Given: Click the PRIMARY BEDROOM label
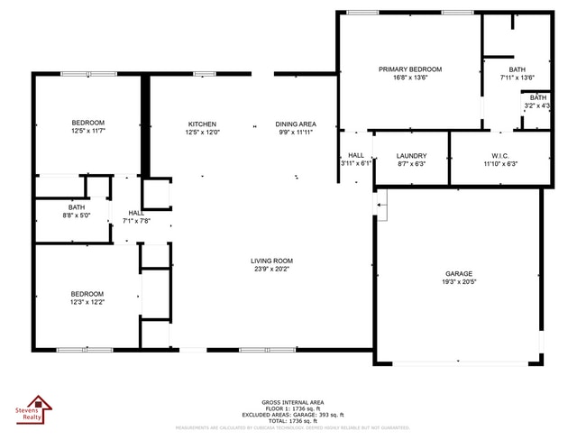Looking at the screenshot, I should pyautogui.click(x=410, y=69).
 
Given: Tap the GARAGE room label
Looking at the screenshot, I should pyautogui.click(x=458, y=273).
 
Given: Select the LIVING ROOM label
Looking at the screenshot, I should pyautogui.click(x=271, y=261).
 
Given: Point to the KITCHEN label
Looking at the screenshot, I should pyautogui.click(x=202, y=124).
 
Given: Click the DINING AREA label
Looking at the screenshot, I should pyautogui.click(x=295, y=124).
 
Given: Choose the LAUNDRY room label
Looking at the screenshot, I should pyautogui.click(x=411, y=155).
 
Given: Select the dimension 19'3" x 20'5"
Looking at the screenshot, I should pyautogui.click(x=458, y=281).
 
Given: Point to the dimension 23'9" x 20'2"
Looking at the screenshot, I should pyautogui.click(x=271, y=269).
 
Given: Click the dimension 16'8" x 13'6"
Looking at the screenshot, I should pyautogui.click(x=410, y=78).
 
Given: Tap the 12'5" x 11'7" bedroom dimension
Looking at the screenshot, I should pyautogui.click(x=88, y=132).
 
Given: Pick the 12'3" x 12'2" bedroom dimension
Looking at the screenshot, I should pyautogui.click(x=87, y=302).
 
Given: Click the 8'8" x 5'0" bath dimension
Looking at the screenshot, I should pyautogui.click(x=77, y=215).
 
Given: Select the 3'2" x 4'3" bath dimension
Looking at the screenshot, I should pyautogui.click(x=538, y=105).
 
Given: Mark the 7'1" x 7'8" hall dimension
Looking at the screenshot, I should pyautogui.click(x=136, y=220).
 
